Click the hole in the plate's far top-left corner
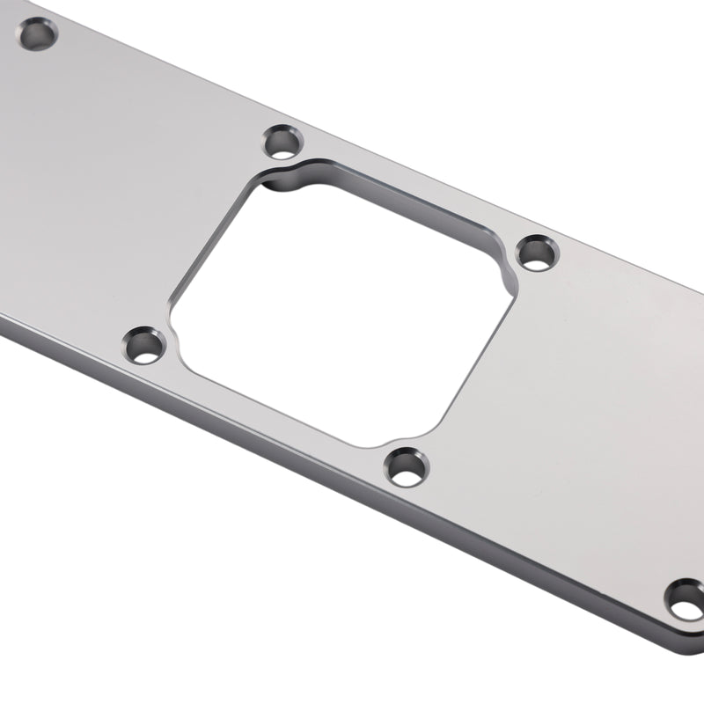pos(38,35)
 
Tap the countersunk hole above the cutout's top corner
pos(283,141)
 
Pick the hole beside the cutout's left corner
pos(143,346)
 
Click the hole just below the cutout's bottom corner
pos(407,466)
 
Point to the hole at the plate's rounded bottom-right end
pos(685,600)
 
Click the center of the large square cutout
pos(339,304)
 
